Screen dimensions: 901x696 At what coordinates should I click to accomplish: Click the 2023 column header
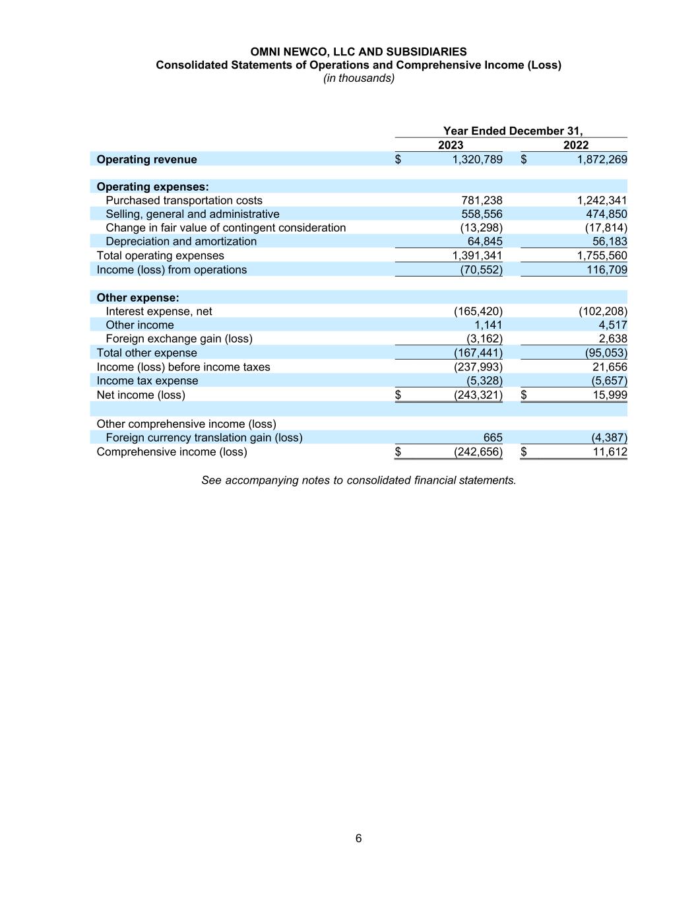(x=451, y=145)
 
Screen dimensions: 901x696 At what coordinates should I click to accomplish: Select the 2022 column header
(x=575, y=145)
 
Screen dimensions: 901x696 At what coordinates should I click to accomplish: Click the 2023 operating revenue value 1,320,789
(x=477, y=160)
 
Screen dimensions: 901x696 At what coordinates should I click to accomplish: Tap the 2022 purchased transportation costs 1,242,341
(x=602, y=201)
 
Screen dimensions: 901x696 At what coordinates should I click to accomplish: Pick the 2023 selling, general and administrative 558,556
(x=482, y=215)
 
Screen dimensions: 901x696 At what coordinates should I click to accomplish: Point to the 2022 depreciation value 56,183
(x=610, y=242)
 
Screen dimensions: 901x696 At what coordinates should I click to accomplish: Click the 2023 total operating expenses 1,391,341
(x=477, y=255)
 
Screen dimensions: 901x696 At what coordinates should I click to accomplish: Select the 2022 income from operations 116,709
(x=606, y=270)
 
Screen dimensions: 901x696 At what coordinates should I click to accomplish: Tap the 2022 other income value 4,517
(x=613, y=325)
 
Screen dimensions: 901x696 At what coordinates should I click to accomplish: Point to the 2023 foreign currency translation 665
(x=492, y=438)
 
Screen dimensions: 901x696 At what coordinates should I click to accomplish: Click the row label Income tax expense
(x=147, y=381)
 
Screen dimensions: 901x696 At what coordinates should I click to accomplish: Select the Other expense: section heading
(x=138, y=298)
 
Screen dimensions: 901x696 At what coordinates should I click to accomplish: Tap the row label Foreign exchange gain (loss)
(x=179, y=339)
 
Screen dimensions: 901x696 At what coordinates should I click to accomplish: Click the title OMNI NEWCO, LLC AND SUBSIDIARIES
(x=358, y=51)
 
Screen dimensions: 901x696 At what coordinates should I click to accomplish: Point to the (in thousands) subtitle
(x=358, y=78)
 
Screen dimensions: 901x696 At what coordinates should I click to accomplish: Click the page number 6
(x=358, y=838)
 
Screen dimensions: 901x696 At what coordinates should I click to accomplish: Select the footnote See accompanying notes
(x=358, y=481)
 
